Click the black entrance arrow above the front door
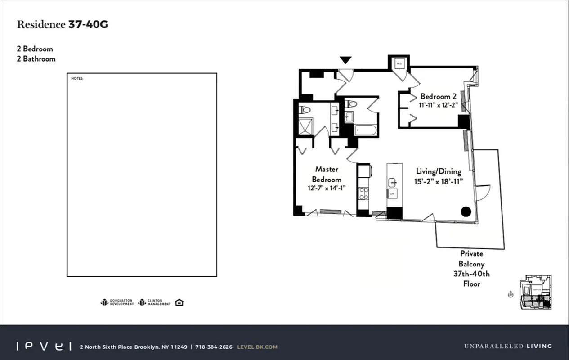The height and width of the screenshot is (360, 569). click(345, 60)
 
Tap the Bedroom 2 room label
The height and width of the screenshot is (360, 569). click(438, 96)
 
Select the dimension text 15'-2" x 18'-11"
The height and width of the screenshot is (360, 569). click(438, 181)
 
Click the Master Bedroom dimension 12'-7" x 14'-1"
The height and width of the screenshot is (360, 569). click(327, 189)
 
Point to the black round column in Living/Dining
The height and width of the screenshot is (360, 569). click(466, 211)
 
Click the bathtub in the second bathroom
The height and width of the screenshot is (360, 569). click(365, 130)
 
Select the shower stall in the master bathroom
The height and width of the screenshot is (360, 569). click(305, 126)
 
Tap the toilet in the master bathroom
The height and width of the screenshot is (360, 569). click(305, 109)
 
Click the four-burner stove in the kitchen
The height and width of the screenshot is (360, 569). click(363, 193)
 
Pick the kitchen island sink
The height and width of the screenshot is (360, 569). click(392, 182)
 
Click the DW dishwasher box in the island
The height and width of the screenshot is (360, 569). click(392, 193)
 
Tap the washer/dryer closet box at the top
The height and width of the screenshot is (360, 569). click(399, 64)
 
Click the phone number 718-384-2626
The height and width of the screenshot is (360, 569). click(214, 347)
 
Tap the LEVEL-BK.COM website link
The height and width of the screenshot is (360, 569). click(257, 347)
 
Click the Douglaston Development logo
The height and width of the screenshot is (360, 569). click(117, 302)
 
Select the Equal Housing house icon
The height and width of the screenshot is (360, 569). click(179, 302)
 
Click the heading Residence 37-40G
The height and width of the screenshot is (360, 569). click(62, 25)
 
